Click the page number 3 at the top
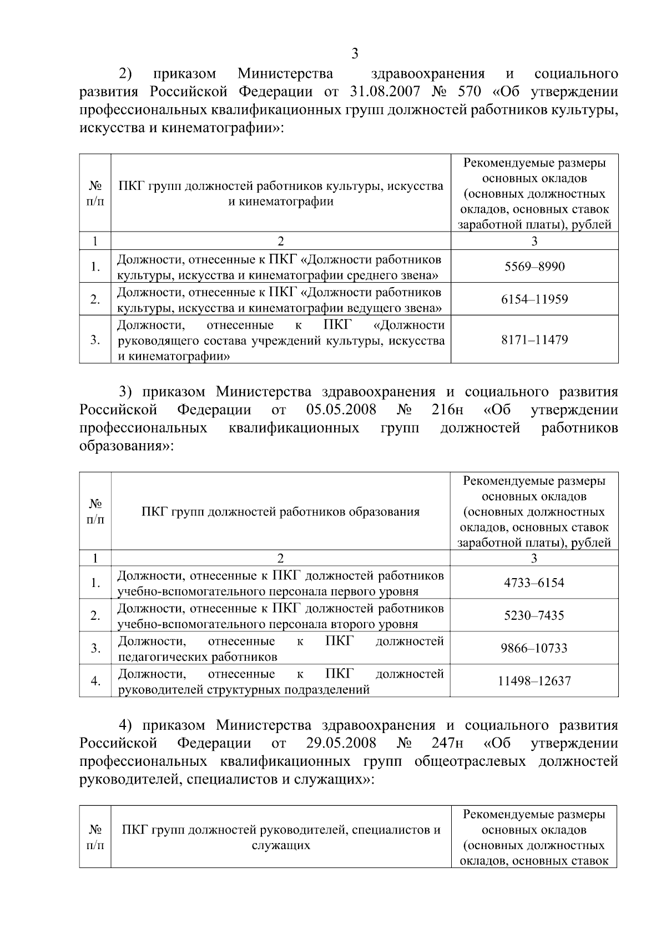355,54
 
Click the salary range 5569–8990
534,267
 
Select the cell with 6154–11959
534,299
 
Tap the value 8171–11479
534,340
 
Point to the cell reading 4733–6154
534,583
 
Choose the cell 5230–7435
534,615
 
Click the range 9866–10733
534,648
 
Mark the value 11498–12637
534,681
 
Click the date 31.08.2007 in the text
387,91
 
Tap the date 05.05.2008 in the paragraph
341,410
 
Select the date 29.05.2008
341,743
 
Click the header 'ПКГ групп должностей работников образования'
280,511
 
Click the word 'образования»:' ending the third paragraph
127,446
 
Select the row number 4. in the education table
95,681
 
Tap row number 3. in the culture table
95,340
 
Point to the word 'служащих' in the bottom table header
280,845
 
